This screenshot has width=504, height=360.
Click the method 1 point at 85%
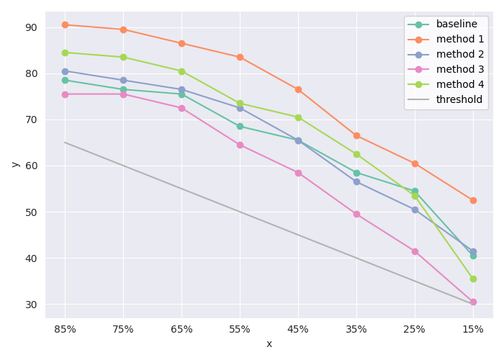pos(65,24)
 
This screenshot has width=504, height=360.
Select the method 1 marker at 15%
pos(473,200)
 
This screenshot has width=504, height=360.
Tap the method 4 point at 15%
pos(473,279)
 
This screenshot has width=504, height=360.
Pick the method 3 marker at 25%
pos(415,251)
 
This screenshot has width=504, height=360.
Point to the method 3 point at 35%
pos(356,214)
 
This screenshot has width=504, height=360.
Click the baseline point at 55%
pos(240,126)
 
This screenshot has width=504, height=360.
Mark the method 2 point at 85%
pos(65,71)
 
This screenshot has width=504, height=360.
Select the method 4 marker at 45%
pos(298,117)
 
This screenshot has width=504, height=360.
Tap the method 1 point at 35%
pos(356,135)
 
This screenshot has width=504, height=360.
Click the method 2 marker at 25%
pos(415,210)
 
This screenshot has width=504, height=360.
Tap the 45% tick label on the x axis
pos(298,329)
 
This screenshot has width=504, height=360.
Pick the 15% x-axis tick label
pos(473,329)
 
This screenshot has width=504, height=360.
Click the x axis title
pos(269,344)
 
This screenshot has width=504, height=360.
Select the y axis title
pos(15,164)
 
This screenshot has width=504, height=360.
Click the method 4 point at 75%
pos(123,57)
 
